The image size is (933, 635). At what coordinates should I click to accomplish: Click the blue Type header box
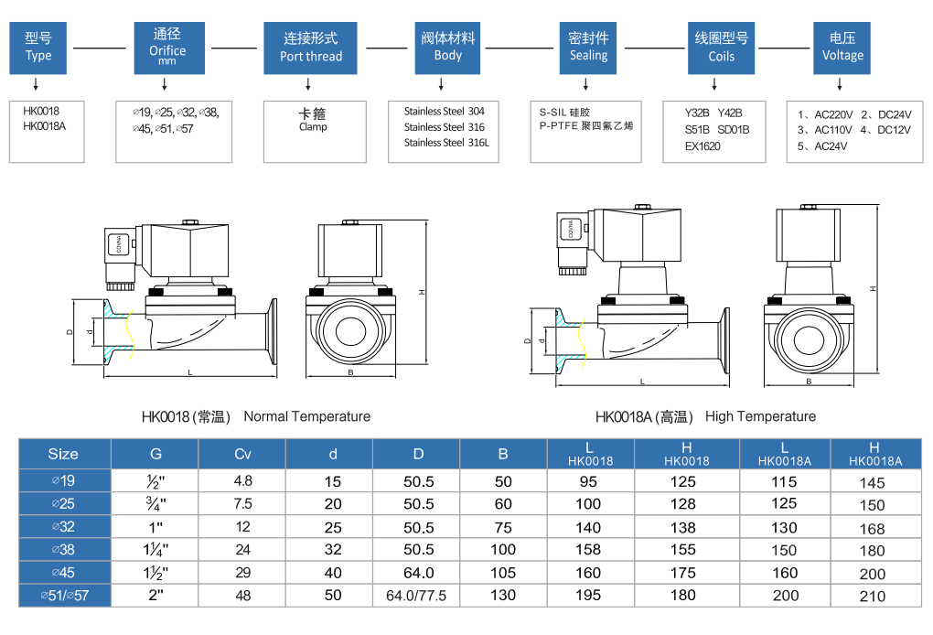tap(38, 48)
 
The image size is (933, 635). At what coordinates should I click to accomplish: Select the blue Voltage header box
tap(842, 48)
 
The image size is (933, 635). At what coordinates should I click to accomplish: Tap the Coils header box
tap(721, 48)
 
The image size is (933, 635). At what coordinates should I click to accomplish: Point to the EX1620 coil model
tap(702, 145)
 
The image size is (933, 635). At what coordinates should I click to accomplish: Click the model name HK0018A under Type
tap(44, 126)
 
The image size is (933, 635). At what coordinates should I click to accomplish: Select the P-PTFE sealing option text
tap(585, 125)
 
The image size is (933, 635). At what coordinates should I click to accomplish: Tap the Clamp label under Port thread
tap(313, 127)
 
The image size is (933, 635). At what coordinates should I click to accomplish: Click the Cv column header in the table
tap(242, 454)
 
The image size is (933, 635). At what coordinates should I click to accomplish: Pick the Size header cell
tap(63, 454)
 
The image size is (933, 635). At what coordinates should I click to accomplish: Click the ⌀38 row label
tap(63, 550)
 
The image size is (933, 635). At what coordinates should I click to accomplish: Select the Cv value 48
tap(242, 595)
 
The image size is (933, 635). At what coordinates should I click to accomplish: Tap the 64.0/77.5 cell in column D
tap(417, 595)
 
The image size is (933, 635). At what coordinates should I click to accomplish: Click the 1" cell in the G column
tap(155, 527)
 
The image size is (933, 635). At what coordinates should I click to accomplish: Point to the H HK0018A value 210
tap(873, 596)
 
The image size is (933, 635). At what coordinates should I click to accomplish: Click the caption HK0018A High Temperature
tap(705, 416)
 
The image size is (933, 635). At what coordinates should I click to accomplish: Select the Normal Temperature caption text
tap(306, 416)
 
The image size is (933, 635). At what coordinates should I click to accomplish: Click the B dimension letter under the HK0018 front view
tap(350, 373)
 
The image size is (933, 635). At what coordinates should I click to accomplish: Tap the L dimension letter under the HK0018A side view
tap(641, 381)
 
